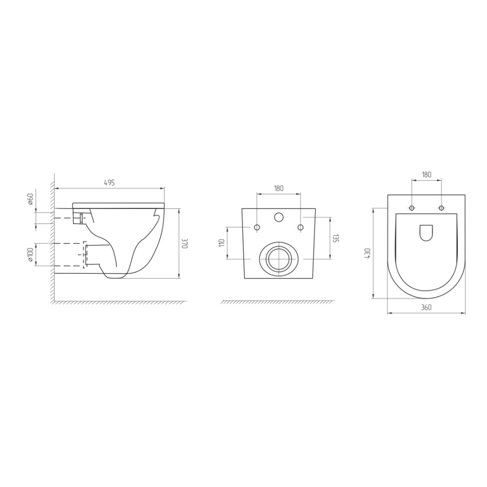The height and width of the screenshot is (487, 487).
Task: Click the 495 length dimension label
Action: tap(109, 183)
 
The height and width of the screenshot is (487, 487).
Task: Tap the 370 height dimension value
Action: tap(184, 243)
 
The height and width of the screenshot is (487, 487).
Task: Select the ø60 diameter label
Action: tap(30, 199)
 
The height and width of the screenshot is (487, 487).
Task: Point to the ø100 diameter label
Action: tap(30, 255)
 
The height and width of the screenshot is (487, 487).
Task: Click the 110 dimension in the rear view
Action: tap(222, 243)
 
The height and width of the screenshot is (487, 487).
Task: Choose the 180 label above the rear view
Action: tap(279, 188)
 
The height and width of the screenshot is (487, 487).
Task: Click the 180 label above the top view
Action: tap(426, 175)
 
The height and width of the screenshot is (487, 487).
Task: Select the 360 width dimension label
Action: tap(426, 307)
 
